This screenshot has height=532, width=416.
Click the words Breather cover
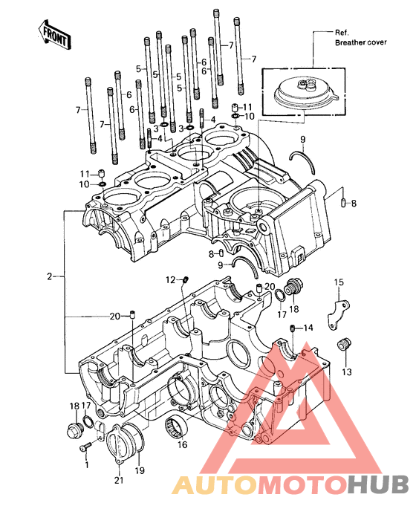coord(361,42)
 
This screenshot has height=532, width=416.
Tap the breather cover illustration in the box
coord(305,91)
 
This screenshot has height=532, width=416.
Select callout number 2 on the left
coord(50,276)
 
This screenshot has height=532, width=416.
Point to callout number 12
coord(171,280)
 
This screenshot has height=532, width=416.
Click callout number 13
coord(346,372)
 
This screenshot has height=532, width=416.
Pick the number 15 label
coord(339,282)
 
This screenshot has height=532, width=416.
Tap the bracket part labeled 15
coord(338,314)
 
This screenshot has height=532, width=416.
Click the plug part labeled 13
coord(344,346)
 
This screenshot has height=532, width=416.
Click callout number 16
coord(182,444)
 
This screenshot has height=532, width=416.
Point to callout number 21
coord(119,480)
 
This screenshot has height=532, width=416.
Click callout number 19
coord(140,470)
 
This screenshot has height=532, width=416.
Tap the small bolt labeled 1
coord(85,447)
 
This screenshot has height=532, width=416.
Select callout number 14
coord(308,328)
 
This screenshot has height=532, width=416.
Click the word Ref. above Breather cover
coord(342,33)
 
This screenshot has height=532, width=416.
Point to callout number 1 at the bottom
coord(87,464)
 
